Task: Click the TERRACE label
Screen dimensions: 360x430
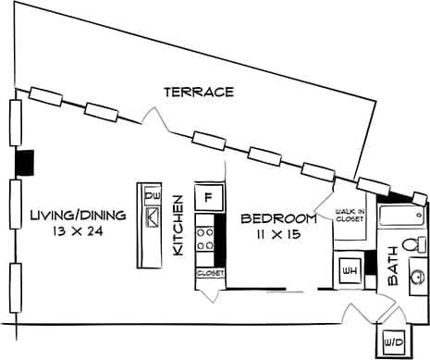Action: [x=198, y=92]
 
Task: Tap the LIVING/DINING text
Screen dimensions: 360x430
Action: [x=77, y=215]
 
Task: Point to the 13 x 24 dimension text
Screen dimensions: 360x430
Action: [x=77, y=231]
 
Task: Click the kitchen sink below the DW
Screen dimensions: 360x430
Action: [x=152, y=217]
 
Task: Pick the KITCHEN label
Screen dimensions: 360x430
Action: [x=179, y=231]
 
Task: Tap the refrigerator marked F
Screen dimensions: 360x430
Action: [x=208, y=196]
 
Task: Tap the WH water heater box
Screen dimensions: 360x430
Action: [x=350, y=269]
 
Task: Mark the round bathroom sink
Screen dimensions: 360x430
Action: [x=415, y=275]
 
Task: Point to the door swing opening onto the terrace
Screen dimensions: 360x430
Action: [x=154, y=120]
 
